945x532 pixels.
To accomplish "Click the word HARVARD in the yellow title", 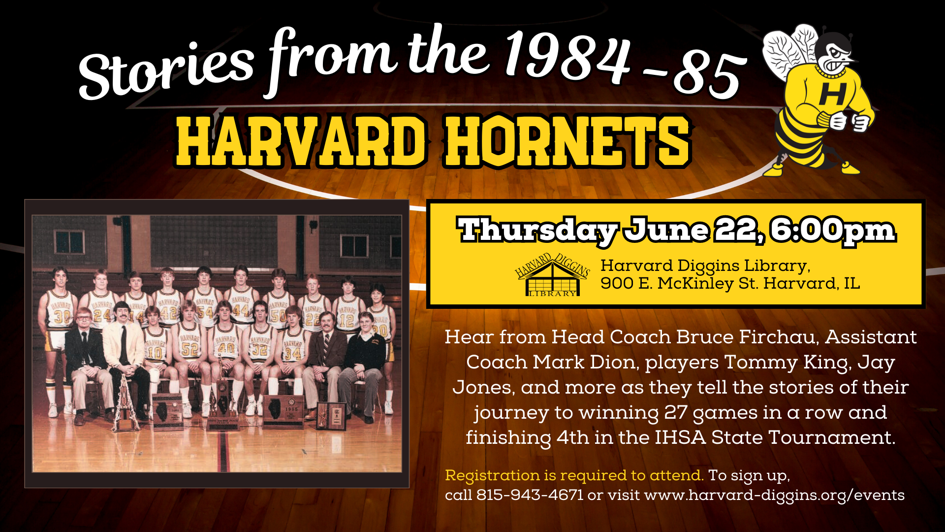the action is [301, 141].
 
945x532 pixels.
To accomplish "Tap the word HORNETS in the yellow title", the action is [567, 141].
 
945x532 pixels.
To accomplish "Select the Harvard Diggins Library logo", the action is [552, 275].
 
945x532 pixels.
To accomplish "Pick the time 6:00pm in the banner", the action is [833, 230].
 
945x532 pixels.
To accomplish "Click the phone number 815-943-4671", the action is [530, 495].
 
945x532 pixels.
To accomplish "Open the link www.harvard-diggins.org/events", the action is [774, 496].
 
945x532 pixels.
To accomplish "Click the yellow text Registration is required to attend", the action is [574, 475].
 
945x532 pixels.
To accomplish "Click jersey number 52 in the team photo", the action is [189, 349].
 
